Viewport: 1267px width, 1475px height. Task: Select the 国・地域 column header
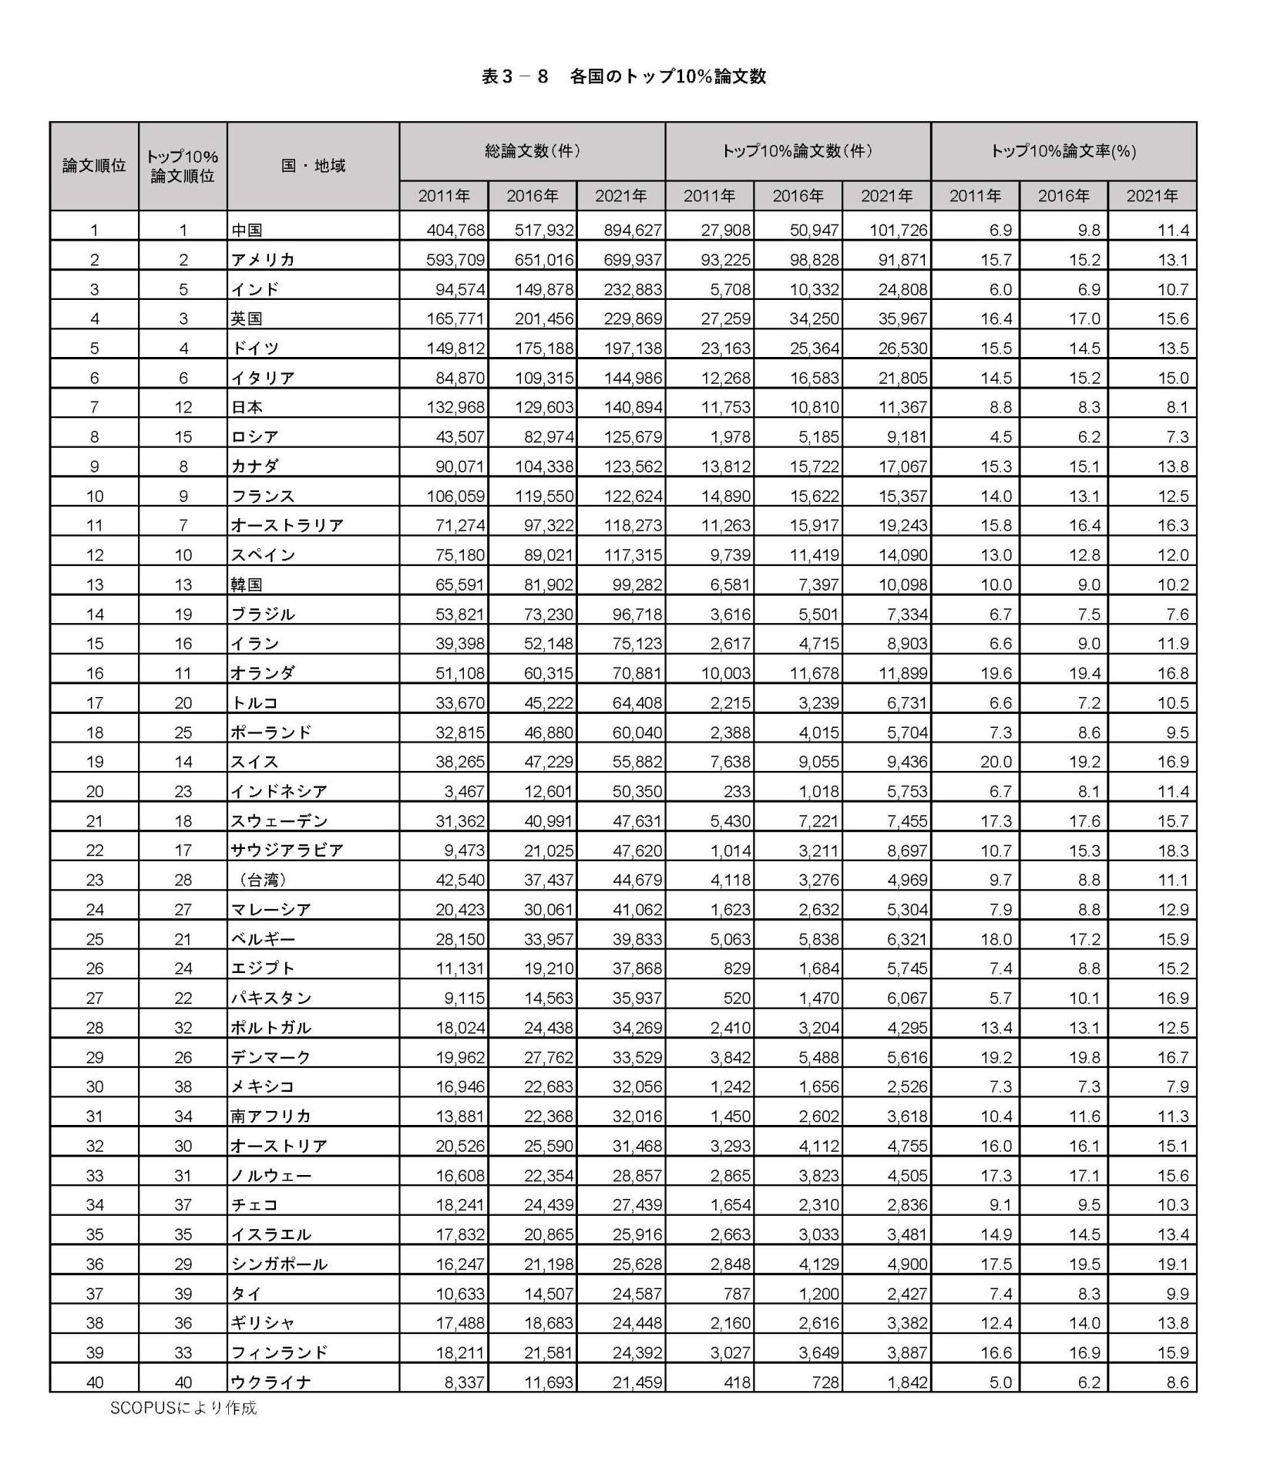click(x=313, y=166)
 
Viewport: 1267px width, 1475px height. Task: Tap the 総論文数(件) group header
click(x=532, y=151)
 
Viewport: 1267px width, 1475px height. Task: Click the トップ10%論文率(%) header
click(x=1063, y=151)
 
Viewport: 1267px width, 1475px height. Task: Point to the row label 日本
click(x=247, y=407)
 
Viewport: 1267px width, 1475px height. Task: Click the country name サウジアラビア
click(x=287, y=850)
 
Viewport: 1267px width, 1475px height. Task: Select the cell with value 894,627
click(x=633, y=230)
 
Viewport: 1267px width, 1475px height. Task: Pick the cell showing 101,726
click(x=899, y=230)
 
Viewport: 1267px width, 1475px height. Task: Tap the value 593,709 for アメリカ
click(x=455, y=260)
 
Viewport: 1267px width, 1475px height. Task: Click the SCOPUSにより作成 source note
click(x=183, y=1407)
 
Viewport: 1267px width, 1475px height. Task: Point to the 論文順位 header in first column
click(x=94, y=166)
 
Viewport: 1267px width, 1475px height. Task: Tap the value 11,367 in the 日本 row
click(x=902, y=407)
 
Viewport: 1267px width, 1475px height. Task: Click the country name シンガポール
click(x=279, y=1265)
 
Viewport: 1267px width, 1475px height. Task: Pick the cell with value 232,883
click(x=633, y=289)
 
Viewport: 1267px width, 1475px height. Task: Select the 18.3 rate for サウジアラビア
click(x=1173, y=850)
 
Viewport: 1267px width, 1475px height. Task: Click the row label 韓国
click(x=247, y=584)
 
